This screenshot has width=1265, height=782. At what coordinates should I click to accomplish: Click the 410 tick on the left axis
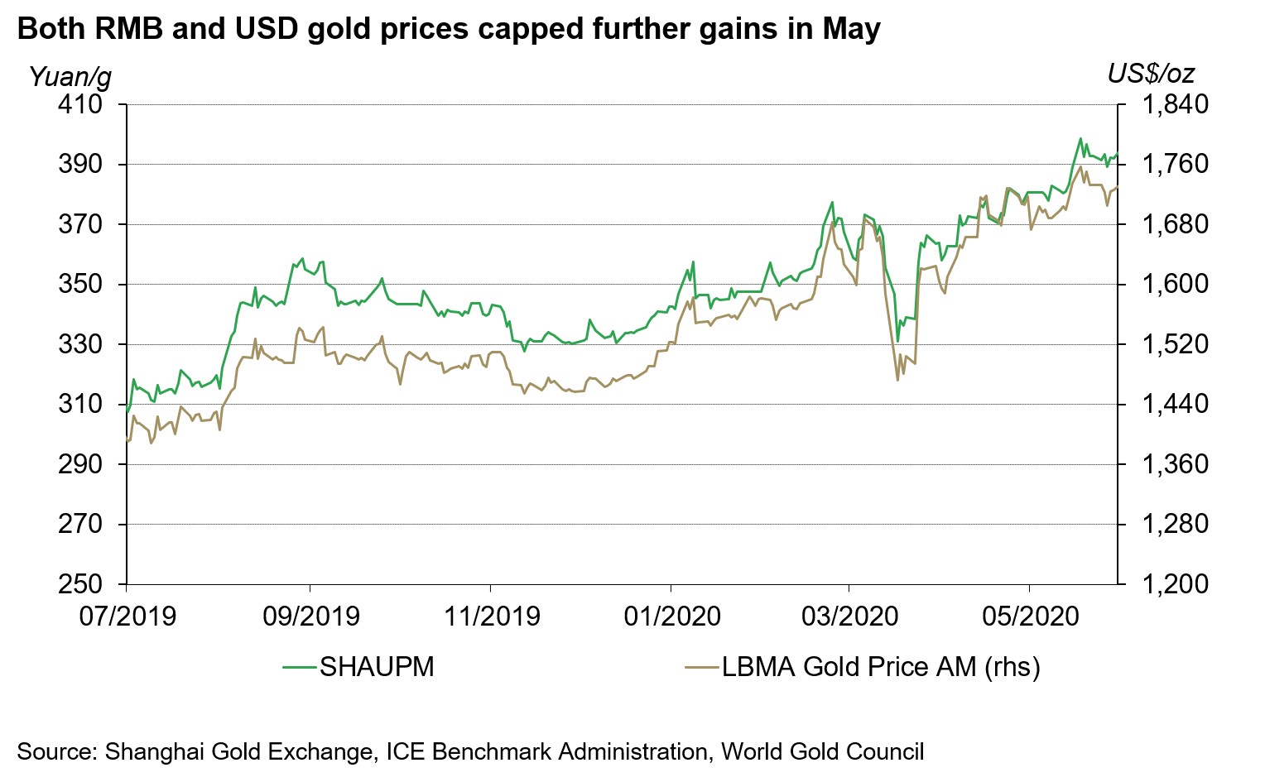(80, 105)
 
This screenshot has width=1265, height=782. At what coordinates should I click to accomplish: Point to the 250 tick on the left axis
(80, 584)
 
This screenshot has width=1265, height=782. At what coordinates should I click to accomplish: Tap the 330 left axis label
(80, 344)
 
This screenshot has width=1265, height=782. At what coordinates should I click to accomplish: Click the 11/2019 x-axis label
(491, 616)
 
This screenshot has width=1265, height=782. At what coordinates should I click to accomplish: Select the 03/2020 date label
(850, 616)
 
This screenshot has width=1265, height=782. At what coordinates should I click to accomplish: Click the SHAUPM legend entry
(377, 667)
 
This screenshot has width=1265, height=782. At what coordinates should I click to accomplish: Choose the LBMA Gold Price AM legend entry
(880, 667)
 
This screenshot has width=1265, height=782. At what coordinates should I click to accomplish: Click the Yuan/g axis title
(70, 77)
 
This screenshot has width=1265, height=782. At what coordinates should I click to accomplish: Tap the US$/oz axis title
(1151, 74)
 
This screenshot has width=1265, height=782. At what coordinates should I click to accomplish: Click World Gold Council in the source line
(822, 752)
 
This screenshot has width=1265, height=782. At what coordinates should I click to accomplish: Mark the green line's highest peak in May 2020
(1080, 138)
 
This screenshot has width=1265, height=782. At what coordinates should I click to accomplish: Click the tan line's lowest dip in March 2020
(897, 380)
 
